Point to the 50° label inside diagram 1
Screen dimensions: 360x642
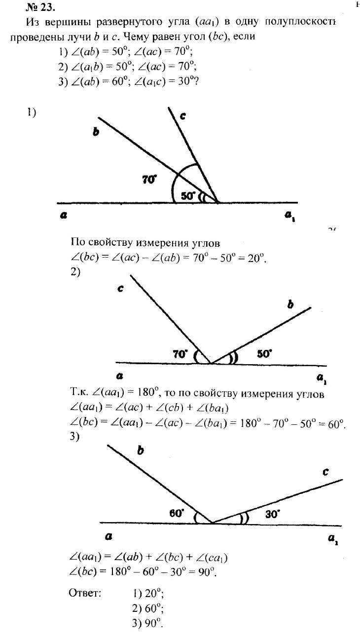(188, 195)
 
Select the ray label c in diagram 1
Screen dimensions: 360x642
(182, 116)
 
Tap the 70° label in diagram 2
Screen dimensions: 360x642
(180, 354)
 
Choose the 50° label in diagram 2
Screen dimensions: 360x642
(265, 354)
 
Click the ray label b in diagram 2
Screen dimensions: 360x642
(290, 305)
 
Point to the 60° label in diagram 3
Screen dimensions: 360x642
(177, 513)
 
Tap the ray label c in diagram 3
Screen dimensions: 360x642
(326, 472)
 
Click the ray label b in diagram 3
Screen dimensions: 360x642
(141, 451)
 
